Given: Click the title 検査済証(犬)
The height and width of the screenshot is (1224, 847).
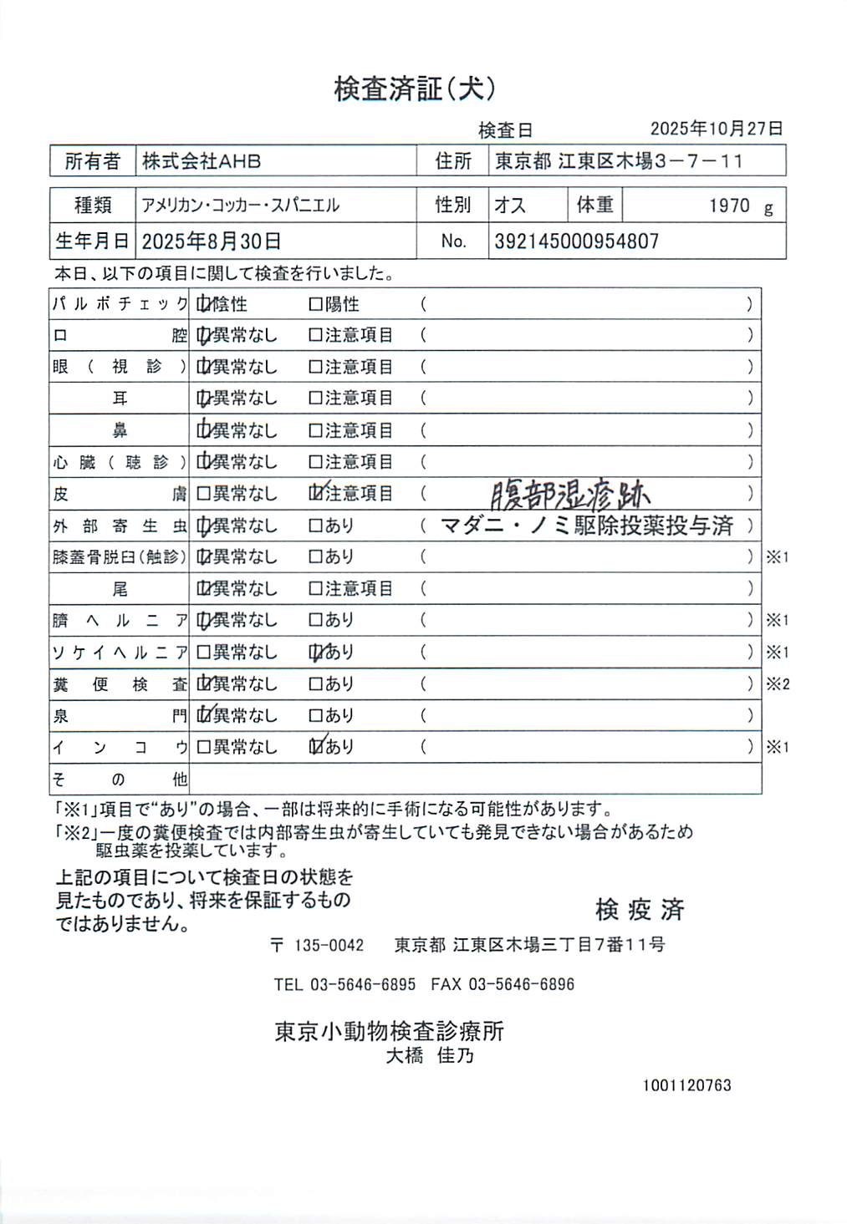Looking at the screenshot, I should tap(415, 89).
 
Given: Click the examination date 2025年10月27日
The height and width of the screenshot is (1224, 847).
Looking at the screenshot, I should tap(717, 129).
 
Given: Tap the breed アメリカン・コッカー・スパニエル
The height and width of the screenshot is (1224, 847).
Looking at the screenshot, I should tap(241, 206).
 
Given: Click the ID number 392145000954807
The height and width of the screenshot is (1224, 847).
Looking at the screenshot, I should tap(576, 241).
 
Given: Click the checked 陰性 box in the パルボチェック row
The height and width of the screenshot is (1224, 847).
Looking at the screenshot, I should tap(203, 305).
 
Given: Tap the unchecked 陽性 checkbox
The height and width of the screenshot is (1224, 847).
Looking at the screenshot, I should tap(315, 305).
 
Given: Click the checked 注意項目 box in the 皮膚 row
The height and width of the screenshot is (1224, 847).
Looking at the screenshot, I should tap(316, 493).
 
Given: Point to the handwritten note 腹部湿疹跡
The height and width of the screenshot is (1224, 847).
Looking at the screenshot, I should tap(569, 495).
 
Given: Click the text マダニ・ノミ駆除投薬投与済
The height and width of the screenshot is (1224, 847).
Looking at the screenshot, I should tap(586, 526).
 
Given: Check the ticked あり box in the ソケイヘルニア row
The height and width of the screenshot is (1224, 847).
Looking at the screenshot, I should tap(316, 652).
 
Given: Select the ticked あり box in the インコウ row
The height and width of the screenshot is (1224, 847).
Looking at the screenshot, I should tap(316, 746).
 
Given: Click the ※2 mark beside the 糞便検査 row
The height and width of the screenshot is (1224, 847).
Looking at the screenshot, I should tap(778, 684).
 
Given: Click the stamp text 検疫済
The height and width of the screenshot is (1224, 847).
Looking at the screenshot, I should tap(640, 910).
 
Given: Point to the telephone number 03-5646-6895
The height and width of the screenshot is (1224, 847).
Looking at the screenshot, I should tap(363, 984).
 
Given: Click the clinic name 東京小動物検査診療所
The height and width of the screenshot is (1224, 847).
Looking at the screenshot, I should tap(389, 1031).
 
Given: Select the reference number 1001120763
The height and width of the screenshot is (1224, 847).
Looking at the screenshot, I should tap(686, 1085).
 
